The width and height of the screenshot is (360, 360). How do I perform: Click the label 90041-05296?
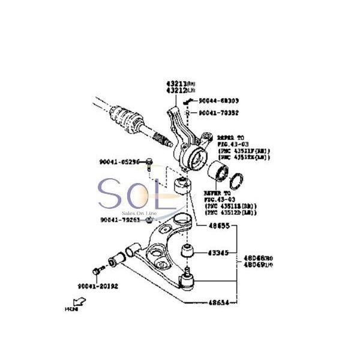tap(119, 162)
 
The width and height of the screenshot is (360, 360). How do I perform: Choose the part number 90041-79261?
tap(120, 220)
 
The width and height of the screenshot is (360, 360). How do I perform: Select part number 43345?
tap(218, 253)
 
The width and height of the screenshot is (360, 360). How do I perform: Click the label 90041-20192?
tap(97, 286)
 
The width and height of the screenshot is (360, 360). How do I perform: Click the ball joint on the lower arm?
tap(188, 280)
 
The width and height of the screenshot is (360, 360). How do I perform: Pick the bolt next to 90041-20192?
tap(97, 271)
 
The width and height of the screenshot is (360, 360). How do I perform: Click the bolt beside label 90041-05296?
tap(149, 162)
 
